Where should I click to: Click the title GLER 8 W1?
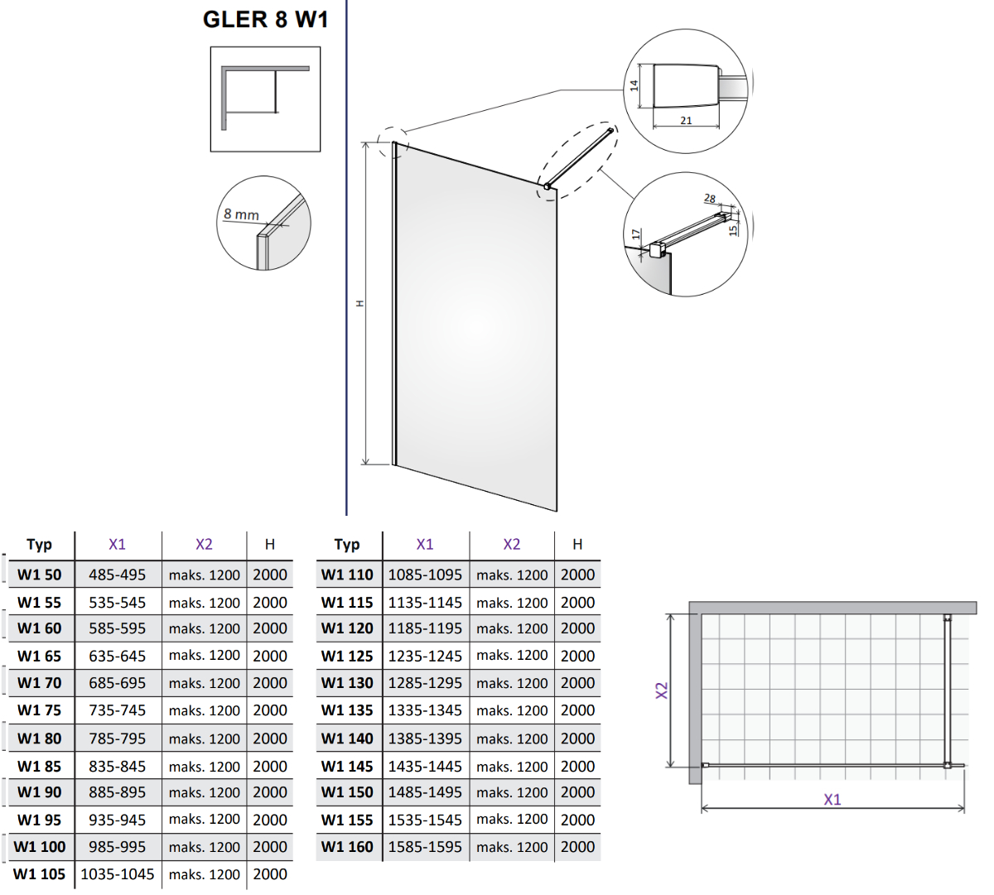pos(265,19)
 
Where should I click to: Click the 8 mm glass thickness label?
pos(241,214)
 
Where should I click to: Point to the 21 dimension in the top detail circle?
pos(686,121)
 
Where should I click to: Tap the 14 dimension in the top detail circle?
pos(635,85)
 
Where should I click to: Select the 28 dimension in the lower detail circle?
pos(710,199)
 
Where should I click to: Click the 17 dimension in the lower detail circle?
pos(636,235)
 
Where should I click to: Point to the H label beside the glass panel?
pos(359,304)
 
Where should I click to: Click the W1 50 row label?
pos(40,575)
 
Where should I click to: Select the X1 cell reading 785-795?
pos(117,738)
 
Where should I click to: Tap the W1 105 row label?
pos(40,874)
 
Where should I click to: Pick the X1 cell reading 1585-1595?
pos(425,847)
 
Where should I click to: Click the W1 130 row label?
pos(347,683)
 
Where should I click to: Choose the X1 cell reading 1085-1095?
pos(425,575)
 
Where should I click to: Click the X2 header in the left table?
pos(204,544)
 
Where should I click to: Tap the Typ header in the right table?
pos(347,544)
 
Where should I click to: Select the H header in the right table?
pos(577,544)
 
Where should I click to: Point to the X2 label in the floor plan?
pos(662,690)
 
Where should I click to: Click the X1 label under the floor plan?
pos(832,799)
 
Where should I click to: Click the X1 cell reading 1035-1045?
pos(117,874)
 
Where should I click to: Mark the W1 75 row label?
pos(40,710)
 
